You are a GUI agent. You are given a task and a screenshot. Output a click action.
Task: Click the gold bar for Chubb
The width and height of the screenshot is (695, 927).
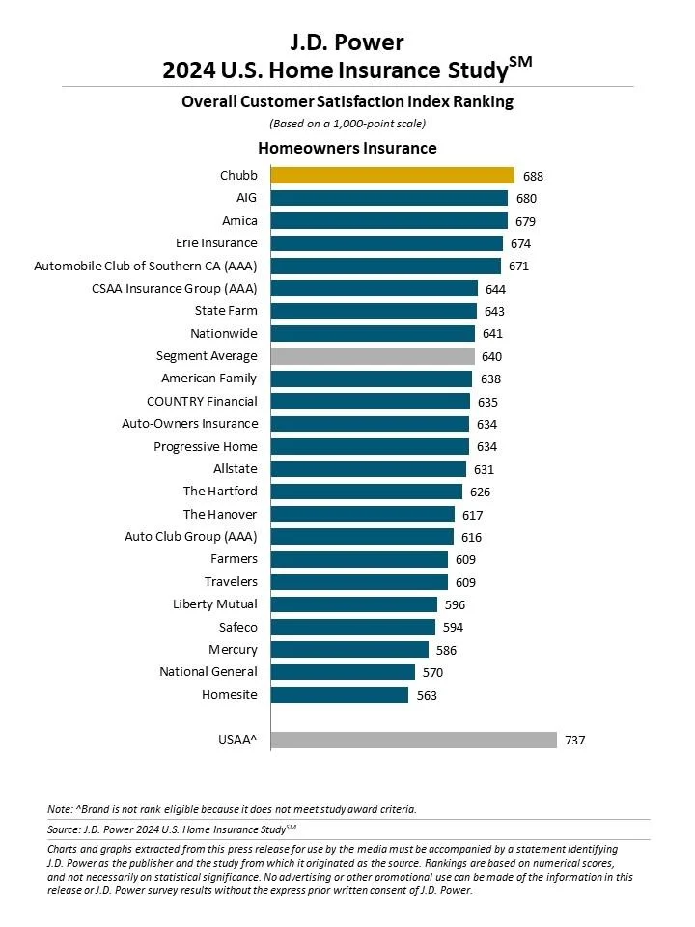392,176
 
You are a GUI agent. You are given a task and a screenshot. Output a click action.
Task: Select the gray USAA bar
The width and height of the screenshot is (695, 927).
413,740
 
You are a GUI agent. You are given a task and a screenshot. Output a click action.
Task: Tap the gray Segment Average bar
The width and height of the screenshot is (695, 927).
373,356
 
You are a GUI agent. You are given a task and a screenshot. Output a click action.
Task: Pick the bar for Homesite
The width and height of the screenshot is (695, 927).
340,694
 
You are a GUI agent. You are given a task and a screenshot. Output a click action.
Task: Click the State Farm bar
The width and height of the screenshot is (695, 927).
374,311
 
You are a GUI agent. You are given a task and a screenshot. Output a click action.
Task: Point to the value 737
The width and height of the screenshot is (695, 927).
576,741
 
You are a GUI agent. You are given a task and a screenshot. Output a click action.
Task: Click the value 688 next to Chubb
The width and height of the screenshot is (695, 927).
534,177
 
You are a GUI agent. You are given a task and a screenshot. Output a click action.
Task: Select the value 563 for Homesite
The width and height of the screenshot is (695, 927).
428,695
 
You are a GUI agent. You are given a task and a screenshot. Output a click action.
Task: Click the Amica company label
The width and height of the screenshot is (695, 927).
239,221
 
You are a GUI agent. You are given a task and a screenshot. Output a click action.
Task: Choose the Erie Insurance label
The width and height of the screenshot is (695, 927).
216,243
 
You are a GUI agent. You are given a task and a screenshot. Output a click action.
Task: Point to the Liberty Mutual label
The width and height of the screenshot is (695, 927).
215,604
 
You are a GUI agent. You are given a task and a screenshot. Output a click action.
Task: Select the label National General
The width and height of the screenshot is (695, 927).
208,672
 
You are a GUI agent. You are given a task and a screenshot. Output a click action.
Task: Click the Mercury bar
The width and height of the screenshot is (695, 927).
349,650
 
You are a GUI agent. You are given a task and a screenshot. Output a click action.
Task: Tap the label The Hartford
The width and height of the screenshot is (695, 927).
220,492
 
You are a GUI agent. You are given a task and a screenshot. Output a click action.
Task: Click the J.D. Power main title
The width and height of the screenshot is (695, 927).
347,42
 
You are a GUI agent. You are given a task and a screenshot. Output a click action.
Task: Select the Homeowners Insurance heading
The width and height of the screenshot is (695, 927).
347,148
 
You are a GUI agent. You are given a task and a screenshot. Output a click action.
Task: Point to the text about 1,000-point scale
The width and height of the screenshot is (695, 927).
347,124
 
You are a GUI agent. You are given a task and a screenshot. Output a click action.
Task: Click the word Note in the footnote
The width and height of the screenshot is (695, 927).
59,809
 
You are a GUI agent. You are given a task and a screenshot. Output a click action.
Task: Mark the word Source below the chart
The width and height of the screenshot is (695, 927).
63,829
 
